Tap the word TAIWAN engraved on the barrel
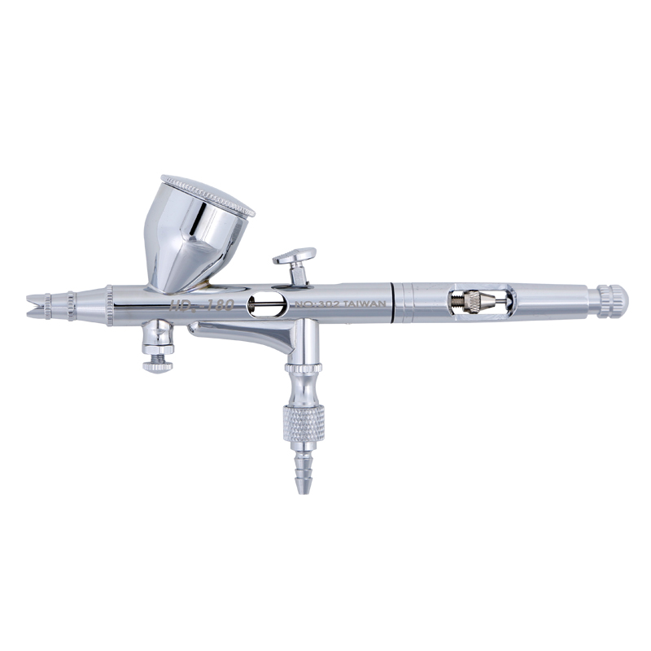pyautogui.click(x=364, y=304)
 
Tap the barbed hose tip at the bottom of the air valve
pyautogui.click(x=304, y=472)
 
